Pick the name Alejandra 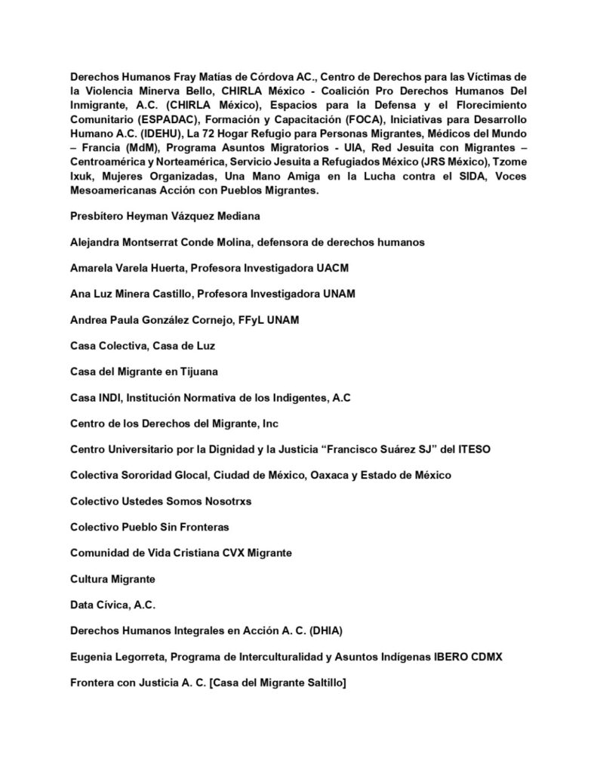pos(97,242)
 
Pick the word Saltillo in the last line pos(322,683)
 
